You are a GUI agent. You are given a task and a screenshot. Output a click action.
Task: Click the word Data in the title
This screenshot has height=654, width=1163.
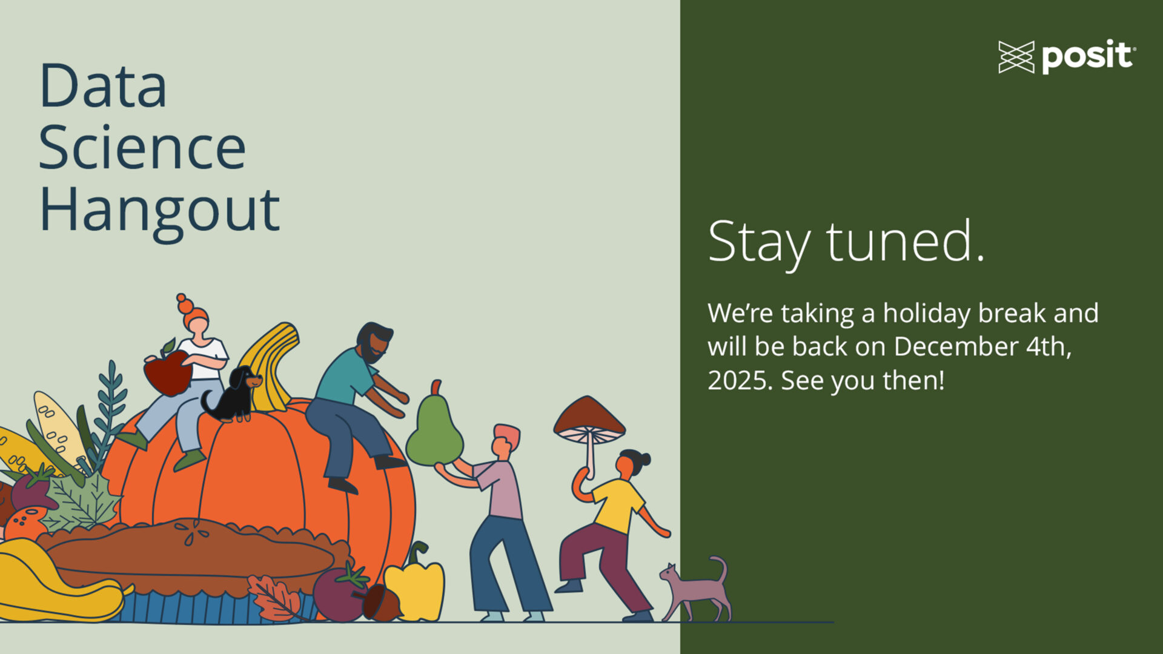pyautogui.click(x=103, y=85)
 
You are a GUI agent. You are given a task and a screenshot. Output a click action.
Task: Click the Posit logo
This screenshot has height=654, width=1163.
pyautogui.click(x=1067, y=58)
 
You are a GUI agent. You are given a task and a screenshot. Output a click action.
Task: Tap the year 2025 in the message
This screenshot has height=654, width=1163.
pyautogui.click(x=740, y=380)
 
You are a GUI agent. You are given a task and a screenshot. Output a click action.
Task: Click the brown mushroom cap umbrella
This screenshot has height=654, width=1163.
pyautogui.click(x=589, y=417)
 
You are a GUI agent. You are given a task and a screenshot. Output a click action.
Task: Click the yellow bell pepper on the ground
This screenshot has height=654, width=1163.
pyautogui.click(x=416, y=584)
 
